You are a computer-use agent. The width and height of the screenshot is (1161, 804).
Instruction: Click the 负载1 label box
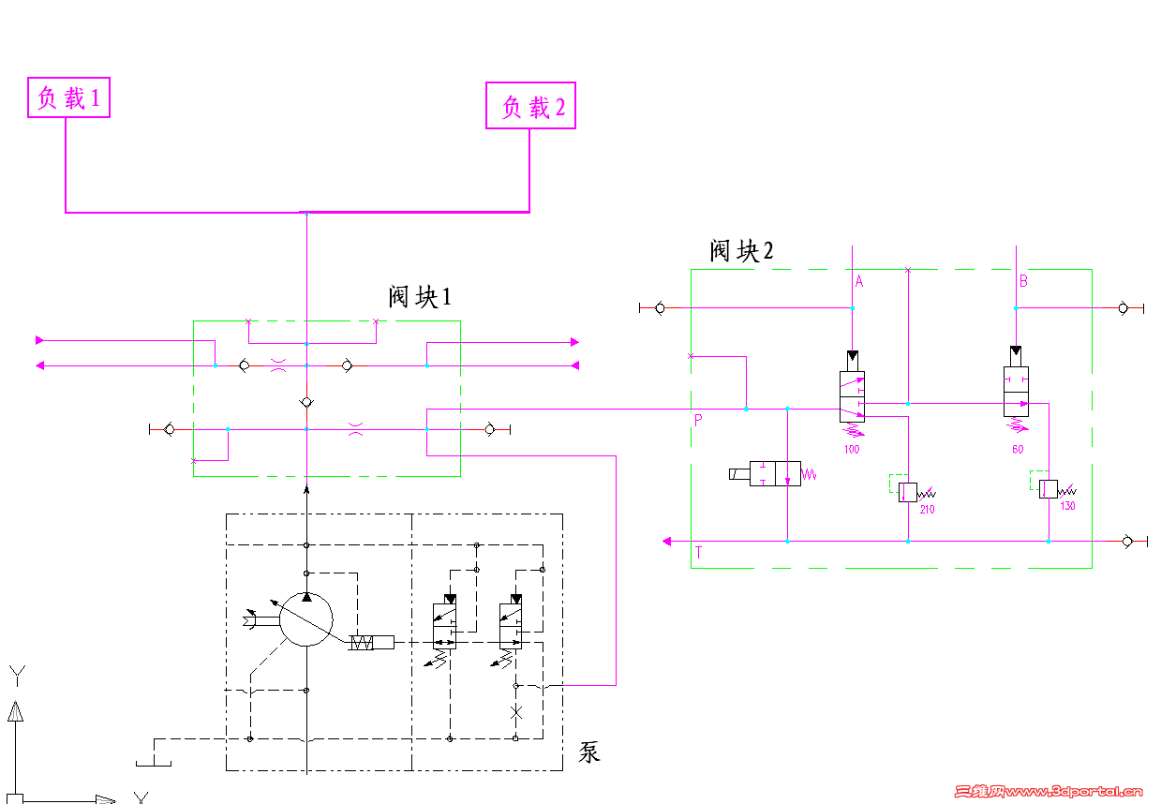(x=69, y=97)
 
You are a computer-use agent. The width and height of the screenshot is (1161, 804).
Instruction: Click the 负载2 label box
(x=530, y=106)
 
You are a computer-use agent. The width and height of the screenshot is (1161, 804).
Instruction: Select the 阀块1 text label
(x=420, y=297)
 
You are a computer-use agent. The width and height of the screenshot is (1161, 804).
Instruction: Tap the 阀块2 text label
(x=742, y=250)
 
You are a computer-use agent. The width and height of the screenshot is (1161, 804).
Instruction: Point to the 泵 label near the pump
(x=589, y=752)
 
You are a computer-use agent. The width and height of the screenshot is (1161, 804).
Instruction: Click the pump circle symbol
(x=306, y=619)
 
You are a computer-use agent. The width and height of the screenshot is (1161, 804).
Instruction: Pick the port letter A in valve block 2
(x=859, y=280)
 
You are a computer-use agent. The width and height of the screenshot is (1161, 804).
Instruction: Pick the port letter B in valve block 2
(x=1023, y=280)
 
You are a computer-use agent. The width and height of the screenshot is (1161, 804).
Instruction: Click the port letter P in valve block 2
(x=698, y=421)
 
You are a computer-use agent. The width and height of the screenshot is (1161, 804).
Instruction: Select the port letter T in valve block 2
(x=698, y=553)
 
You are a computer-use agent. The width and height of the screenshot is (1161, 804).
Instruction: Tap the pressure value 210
(x=927, y=510)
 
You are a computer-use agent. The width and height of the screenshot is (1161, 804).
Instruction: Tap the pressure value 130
(x=1067, y=506)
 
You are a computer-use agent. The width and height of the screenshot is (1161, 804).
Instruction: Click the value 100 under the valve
(x=851, y=450)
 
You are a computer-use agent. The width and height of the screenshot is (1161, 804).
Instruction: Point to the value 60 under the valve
(x=1018, y=450)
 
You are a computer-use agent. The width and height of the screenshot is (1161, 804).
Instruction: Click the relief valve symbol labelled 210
(x=907, y=490)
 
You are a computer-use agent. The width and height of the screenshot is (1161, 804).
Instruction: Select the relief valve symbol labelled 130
(x=1048, y=488)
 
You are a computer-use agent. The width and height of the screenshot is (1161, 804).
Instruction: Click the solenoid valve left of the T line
(x=775, y=473)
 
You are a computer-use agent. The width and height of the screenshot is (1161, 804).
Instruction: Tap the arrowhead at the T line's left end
(x=667, y=541)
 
